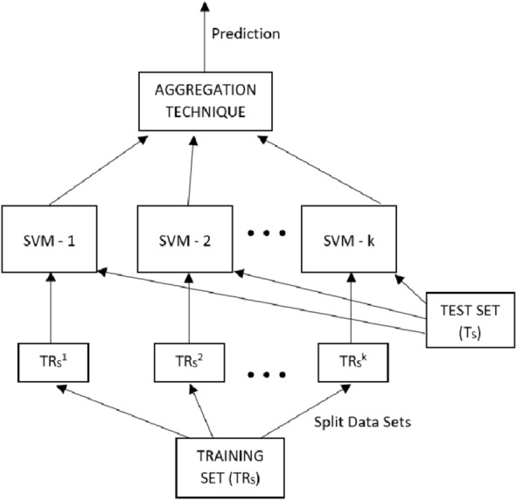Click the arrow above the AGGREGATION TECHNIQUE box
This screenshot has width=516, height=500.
point(206,35)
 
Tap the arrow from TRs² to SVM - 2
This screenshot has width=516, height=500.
point(188,306)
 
